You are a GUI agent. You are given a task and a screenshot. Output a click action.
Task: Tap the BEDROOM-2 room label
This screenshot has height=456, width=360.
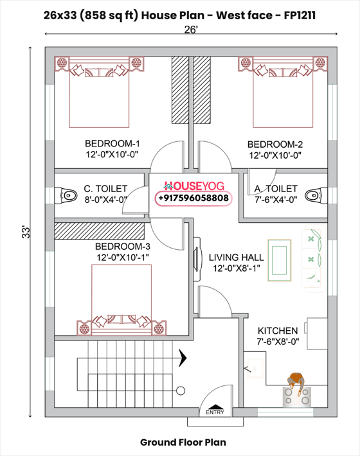pyautogui.click(x=275, y=143)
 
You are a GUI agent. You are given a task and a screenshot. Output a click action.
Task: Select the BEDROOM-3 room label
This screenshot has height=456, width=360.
pyautogui.click(x=122, y=247)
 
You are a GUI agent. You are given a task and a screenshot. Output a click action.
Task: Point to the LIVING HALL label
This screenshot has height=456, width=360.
pyautogui.click(x=236, y=257)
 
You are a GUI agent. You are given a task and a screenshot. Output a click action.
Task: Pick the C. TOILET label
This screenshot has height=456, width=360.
pyautogui.click(x=105, y=189)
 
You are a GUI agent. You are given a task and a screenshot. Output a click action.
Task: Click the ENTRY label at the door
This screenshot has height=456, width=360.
pyautogui.click(x=215, y=413)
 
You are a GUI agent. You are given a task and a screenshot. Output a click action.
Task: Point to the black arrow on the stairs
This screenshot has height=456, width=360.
pyautogui.click(x=184, y=356)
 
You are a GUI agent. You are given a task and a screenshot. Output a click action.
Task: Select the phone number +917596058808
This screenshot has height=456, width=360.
pyautogui.click(x=192, y=199)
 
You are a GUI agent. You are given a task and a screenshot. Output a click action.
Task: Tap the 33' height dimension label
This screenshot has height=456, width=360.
pyautogui.click(x=25, y=231)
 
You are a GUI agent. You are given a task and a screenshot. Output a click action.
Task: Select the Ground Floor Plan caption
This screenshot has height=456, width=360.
pyautogui.click(x=183, y=442)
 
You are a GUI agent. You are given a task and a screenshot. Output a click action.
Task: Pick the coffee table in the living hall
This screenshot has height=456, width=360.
pyautogui.click(x=279, y=259)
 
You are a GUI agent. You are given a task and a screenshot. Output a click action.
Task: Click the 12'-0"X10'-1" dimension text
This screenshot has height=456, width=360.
pyautogui.click(x=122, y=258)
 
